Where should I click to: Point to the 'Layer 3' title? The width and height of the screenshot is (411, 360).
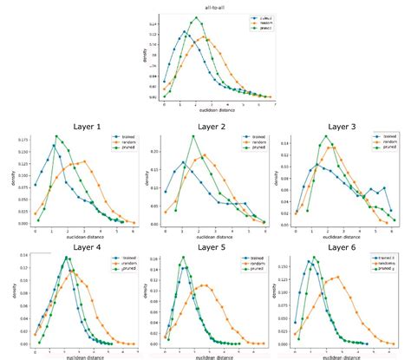click(341, 127)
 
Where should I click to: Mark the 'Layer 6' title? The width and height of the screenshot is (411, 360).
click(341, 246)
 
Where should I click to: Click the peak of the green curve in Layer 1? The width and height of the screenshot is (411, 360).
click(56, 136)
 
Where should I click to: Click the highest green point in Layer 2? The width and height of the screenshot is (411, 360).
click(192, 136)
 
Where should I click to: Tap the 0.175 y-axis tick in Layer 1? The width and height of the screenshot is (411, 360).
click(23, 140)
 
